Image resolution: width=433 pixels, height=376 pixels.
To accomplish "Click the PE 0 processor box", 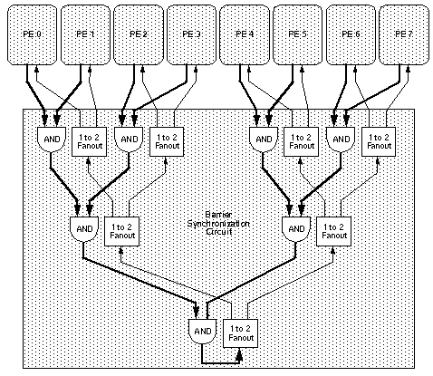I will (32, 34).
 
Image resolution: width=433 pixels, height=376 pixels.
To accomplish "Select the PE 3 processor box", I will (192, 34).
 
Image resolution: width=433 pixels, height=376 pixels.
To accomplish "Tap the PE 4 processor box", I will (245, 34).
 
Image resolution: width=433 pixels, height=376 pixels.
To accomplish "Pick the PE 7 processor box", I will (404, 34).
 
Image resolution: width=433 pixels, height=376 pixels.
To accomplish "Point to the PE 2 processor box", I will (139, 34).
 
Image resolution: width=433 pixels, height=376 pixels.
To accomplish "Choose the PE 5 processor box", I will (299, 34).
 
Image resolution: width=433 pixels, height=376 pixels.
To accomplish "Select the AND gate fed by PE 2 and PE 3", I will (130, 140).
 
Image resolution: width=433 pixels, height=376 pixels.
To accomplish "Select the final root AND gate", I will (202, 331).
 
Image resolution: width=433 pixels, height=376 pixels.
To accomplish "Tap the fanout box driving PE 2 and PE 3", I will (168, 140).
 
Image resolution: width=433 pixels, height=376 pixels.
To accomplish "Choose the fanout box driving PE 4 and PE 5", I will (302, 140).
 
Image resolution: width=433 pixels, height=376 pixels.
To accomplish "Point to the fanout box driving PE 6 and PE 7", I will (379, 140).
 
